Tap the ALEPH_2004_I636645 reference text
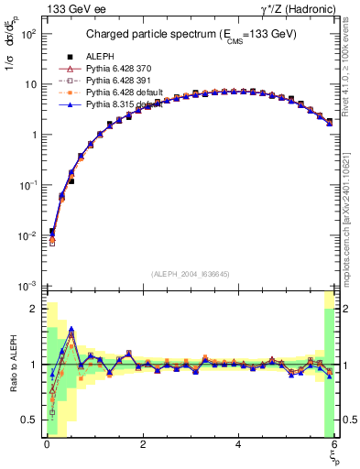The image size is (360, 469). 189,274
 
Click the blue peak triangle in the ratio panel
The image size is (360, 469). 71,331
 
